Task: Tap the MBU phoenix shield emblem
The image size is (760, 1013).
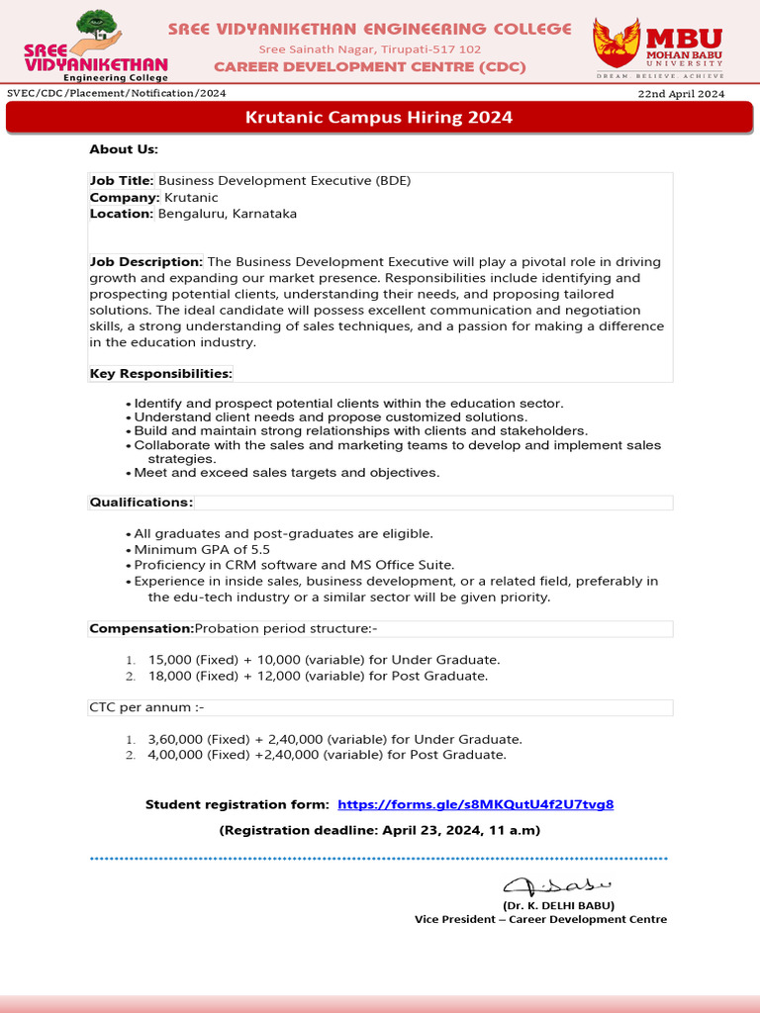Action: click(x=616, y=44)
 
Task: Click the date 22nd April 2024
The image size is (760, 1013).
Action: click(x=682, y=94)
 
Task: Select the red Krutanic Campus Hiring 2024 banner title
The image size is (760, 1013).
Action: click(x=379, y=118)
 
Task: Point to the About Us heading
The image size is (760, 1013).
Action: click(x=124, y=149)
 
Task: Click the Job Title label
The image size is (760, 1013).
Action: click(x=122, y=181)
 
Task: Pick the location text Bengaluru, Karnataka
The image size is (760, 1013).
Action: click(x=228, y=214)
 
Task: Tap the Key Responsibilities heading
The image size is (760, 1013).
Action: click(x=161, y=374)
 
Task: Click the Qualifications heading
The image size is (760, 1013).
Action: click(x=142, y=503)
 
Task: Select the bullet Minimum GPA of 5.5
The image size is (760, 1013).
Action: click(x=202, y=550)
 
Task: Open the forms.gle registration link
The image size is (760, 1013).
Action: click(x=476, y=804)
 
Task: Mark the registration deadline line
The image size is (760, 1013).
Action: click(x=380, y=830)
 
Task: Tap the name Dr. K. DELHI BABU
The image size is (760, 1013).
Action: click(x=559, y=905)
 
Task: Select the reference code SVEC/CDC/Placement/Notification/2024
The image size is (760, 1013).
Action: click(x=117, y=94)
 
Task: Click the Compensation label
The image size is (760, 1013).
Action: click(x=142, y=628)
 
